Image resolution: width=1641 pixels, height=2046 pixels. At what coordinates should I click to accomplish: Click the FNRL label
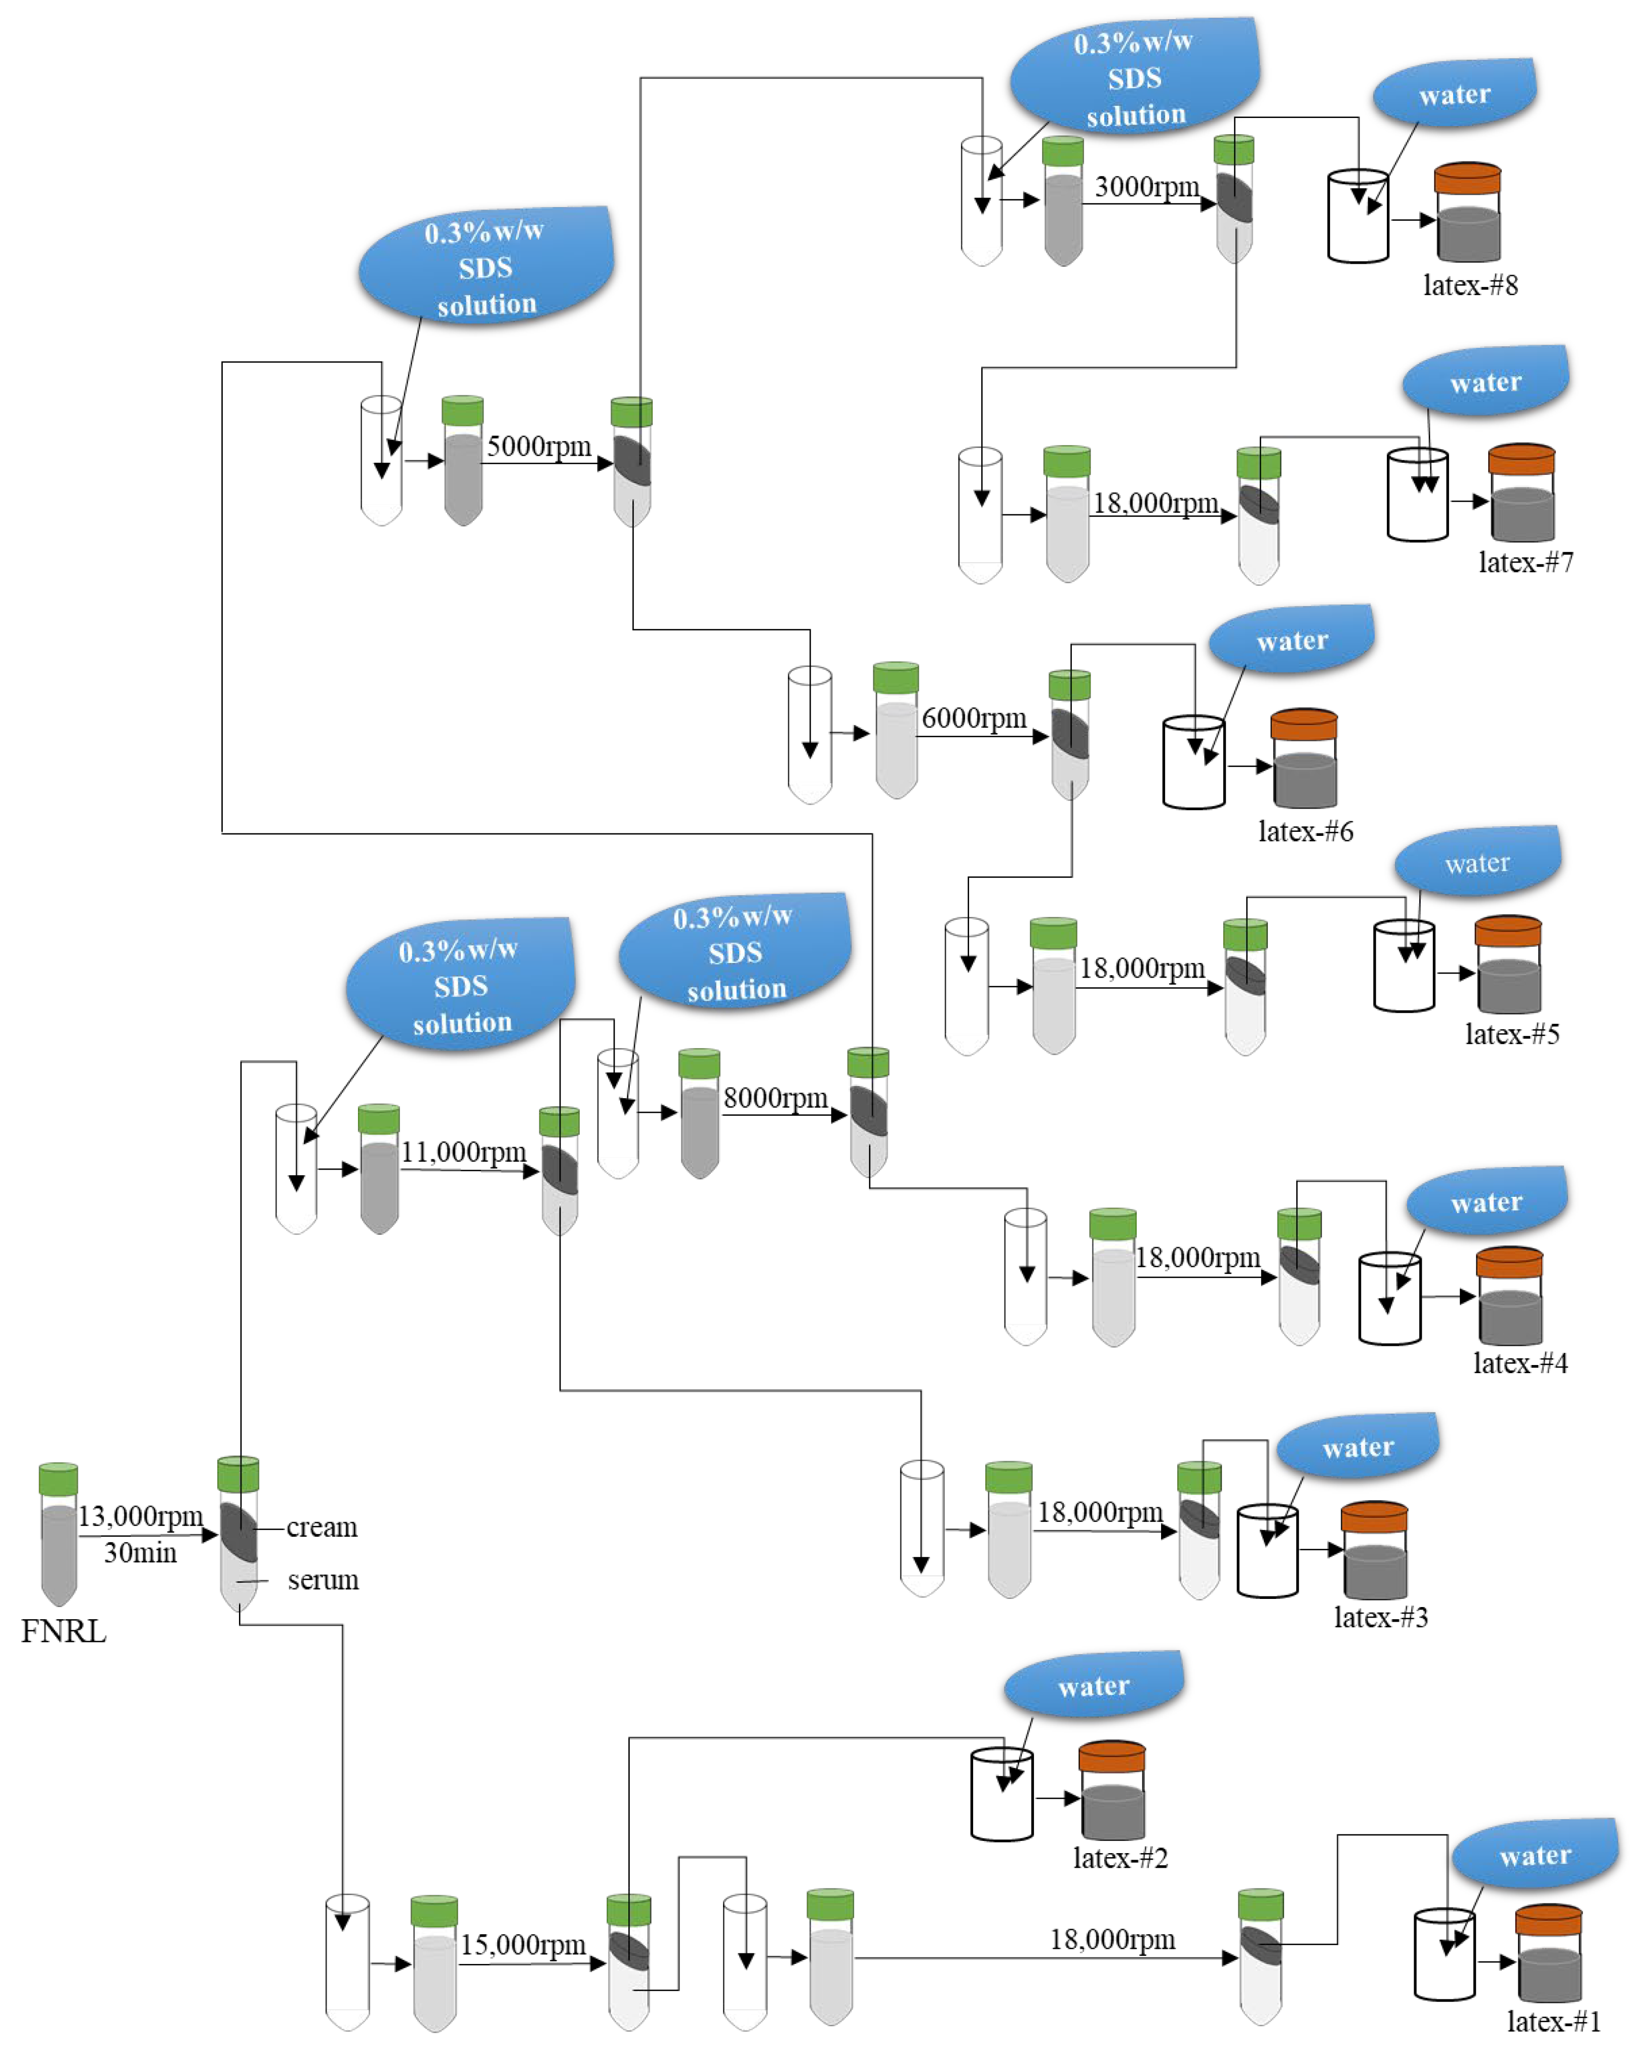coord(64,1631)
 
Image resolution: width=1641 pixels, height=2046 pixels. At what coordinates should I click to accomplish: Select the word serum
coord(323,1580)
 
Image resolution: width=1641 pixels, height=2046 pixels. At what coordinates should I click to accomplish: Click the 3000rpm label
coord(1146,187)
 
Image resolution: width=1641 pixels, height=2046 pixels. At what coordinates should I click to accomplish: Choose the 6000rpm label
coord(974,718)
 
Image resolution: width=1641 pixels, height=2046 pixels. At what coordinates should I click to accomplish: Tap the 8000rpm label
coord(775,1098)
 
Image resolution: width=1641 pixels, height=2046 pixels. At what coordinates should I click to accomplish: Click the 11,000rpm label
coord(463,1152)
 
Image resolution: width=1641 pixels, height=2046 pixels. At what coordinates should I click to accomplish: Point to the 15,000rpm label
coord(523,1944)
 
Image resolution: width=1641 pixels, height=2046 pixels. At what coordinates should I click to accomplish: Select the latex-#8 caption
coord(1470,285)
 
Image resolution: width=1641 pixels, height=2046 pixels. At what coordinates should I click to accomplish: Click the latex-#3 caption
coord(1381,1617)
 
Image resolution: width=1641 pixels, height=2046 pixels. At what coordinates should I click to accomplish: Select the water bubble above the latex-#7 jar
coord(1486,381)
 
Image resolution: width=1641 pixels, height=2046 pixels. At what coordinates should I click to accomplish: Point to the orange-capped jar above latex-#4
coord(1509,1295)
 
